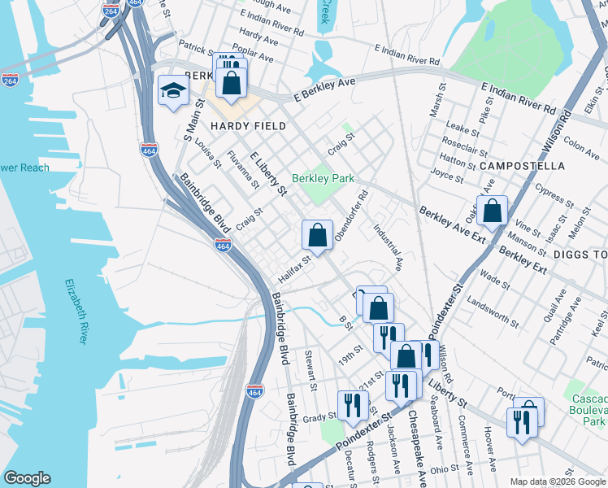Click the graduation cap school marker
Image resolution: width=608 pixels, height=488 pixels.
coord(172,90)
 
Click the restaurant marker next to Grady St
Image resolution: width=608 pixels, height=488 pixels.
coord(352,405)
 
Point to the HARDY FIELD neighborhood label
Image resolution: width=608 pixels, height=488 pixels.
coord(248,126)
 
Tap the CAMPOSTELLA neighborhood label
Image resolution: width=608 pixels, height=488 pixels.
coord(522,165)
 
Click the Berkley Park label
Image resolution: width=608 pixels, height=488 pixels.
coord(323,177)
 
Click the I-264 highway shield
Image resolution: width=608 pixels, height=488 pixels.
coord(11,80)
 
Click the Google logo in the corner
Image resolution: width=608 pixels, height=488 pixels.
coord(27,478)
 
